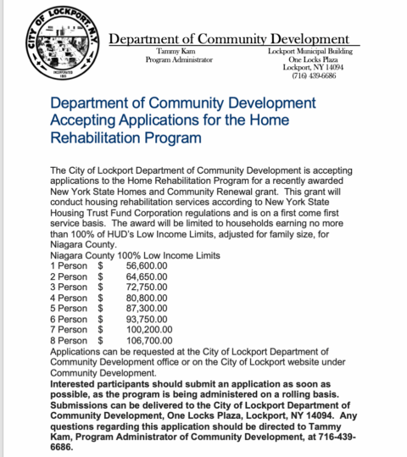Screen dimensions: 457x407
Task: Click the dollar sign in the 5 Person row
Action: point(101,311)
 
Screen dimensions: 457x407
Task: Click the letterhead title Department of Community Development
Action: point(230,39)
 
